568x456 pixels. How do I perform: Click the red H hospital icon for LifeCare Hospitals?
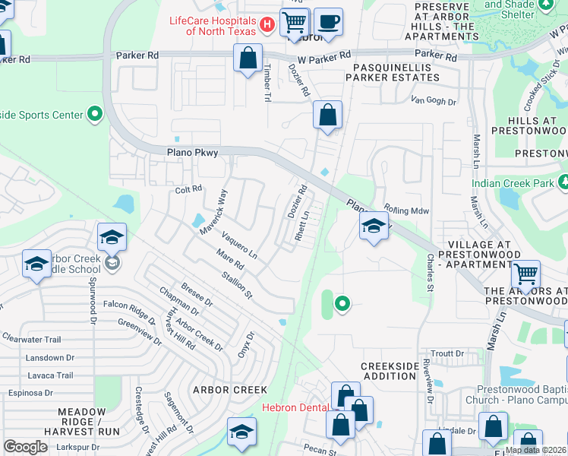[267, 25]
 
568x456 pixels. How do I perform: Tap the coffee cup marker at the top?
[328, 21]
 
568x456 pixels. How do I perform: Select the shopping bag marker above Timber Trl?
[248, 58]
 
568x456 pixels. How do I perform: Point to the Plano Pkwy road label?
[192, 153]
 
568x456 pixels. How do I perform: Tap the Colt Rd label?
[189, 189]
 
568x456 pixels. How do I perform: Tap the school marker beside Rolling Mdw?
[373, 226]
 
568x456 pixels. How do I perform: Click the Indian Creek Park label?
[514, 183]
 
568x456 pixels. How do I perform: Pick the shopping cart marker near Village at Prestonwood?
[525, 274]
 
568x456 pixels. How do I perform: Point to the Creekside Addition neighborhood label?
[390, 371]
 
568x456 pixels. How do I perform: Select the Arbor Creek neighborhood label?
[219, 389]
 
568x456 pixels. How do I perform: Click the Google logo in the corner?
[25, 446]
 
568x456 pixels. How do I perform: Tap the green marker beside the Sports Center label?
[94, 115]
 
